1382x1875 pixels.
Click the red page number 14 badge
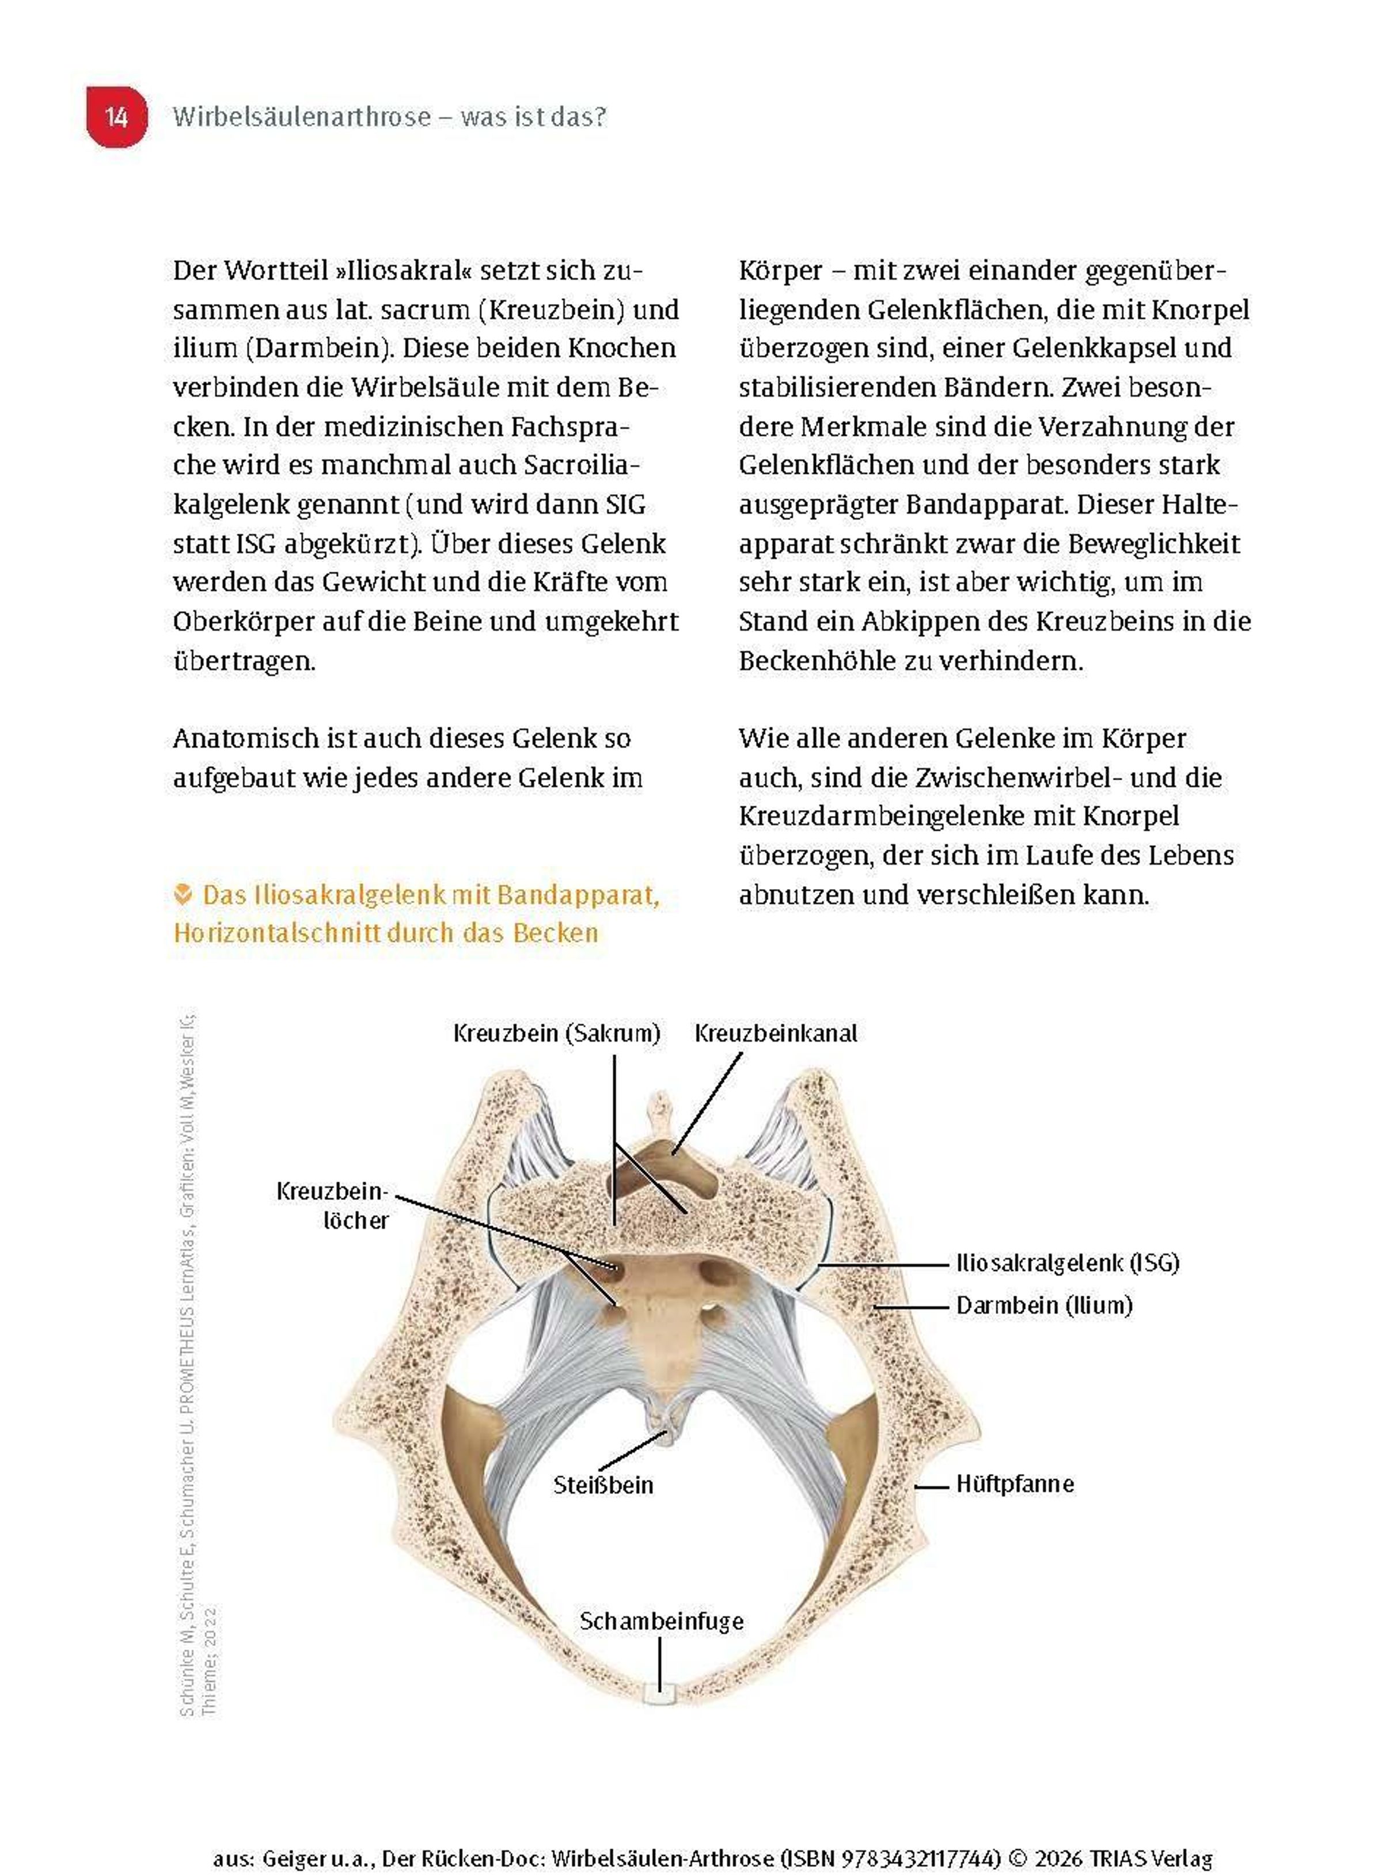tap(116, 116)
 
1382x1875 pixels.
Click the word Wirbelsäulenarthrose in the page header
tap(301, 116)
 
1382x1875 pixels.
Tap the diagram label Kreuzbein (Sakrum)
tap(556, 1033)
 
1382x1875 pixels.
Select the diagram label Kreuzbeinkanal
tap(776, 1033)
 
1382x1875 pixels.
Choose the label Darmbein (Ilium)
tap(1044, 1305)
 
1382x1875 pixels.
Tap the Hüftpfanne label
tap(1015, 1484)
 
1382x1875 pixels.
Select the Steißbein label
tap(603, 1485)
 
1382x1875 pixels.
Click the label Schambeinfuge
tap(662, 1622)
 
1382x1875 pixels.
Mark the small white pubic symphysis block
tap(659, 1696)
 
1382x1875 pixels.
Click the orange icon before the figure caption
tap(183, 894)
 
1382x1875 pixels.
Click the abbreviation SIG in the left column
tap(625, 504)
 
